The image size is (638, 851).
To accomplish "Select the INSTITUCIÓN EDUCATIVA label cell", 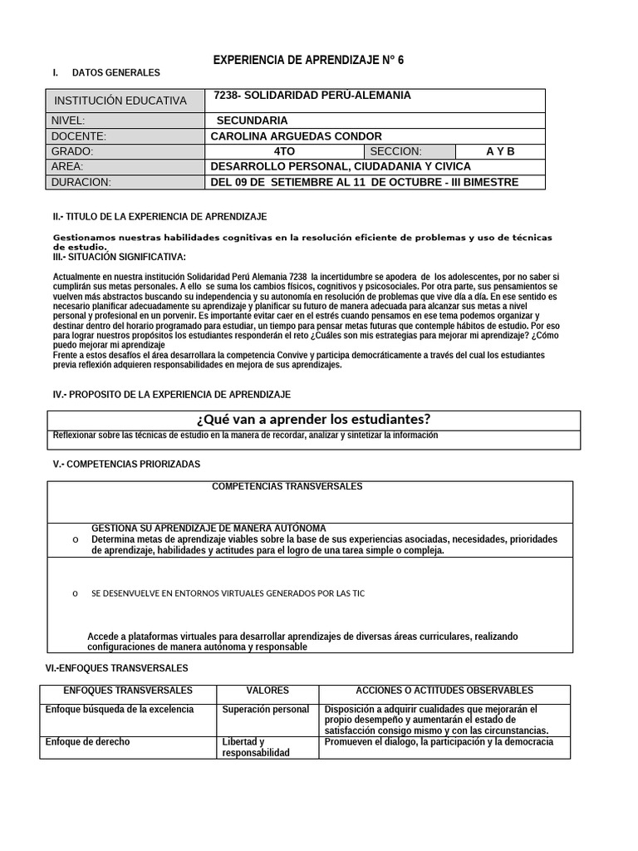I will (x=120, y=101).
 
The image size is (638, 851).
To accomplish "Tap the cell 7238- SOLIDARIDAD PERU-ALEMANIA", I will (x=312, y=96).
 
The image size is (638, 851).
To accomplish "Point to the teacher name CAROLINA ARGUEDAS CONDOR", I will (x=297, y=136).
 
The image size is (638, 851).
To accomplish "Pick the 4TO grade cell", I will (x=283, y=151).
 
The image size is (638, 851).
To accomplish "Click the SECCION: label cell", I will (x=395, y=151).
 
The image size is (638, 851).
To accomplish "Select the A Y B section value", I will (x=500, y=151).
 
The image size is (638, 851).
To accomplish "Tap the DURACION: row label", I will (x=81, y=182).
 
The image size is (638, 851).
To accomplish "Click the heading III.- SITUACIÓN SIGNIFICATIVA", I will (x=120, y=257).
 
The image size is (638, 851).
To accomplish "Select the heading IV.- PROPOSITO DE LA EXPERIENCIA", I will (x=172, y=394).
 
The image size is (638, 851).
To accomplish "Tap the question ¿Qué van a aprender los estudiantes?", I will (x=313, y=419).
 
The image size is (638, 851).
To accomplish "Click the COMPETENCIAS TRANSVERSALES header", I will (x=287, y=486).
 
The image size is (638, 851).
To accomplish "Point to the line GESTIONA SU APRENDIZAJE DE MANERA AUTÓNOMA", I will (x=209, y=529).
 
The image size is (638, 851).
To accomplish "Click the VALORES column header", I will (x=267, y=691).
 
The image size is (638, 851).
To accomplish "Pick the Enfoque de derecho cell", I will (x=88, y=742).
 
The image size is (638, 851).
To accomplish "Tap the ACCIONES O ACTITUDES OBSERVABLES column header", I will (x=444, y=691).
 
